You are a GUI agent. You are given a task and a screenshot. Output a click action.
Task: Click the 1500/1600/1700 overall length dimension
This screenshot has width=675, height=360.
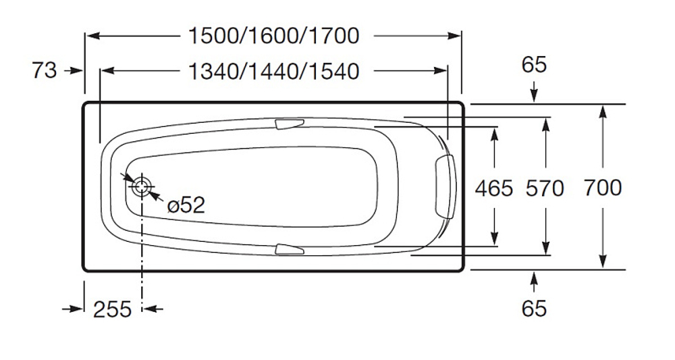(x=273, y=36)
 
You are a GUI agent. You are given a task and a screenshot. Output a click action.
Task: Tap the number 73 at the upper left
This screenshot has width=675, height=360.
(x=45, y=70)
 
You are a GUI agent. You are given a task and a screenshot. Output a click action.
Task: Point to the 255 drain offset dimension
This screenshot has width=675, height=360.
(x=112, y=309)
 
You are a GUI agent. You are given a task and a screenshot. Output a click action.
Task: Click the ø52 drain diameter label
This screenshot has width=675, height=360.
(x=186, y=205)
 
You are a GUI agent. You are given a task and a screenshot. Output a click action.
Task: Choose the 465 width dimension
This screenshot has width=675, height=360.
(x=494, y=188)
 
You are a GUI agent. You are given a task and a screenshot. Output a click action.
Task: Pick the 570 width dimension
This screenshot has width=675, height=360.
(x=544, y=188)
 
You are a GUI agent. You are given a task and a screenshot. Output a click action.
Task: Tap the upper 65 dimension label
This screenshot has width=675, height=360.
(x=534, y=65)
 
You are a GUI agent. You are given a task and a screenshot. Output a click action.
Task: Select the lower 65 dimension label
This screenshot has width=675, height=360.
(x=534, y=308)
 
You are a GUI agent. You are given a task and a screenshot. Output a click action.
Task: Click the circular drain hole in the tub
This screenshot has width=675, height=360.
(x=142, y=187)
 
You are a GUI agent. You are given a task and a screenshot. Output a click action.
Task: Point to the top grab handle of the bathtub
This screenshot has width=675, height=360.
(x=289, y=124)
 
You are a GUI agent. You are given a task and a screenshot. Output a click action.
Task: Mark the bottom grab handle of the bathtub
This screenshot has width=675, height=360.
(x=289, y=249)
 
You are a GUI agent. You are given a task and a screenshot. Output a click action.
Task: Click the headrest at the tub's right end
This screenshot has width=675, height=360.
(x=446, y=186)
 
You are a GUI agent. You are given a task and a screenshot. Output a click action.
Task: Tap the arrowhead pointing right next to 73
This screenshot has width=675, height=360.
(x=76, y=70)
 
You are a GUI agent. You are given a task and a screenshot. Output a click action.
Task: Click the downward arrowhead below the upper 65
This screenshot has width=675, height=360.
(x=534, y=97)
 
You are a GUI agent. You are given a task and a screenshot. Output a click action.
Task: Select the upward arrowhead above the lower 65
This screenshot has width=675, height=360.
(x=534, y=277)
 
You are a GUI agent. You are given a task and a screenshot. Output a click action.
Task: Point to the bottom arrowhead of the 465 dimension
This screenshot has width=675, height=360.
(x=495, y=237)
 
